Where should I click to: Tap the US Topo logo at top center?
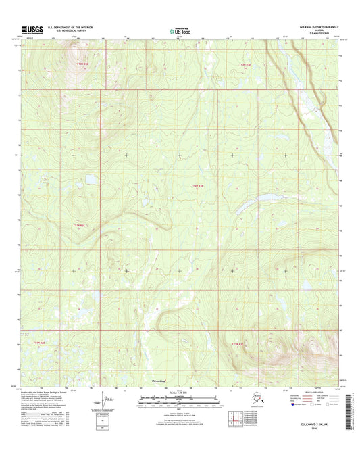tap(180, 30)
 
